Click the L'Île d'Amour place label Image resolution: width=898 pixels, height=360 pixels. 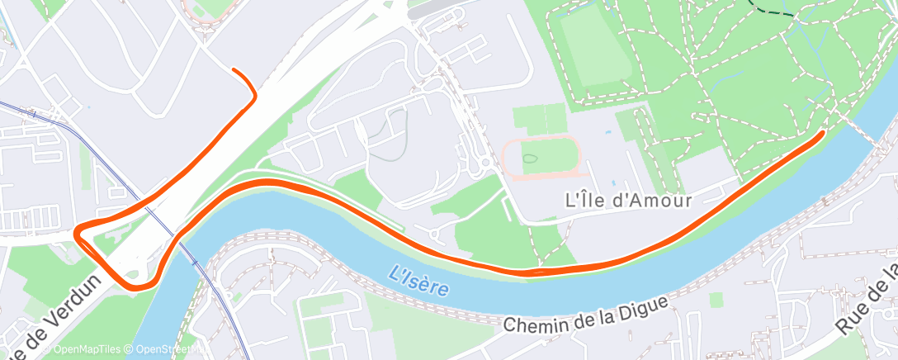pyautogui.click(x=626, y=200)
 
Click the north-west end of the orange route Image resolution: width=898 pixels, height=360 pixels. pyautogui.click(x=234, y=70)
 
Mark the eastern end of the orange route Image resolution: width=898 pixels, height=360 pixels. pyautogui.click(x=821, y=133)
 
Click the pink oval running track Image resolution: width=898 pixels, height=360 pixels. pyautogui.click(x=541, y=156)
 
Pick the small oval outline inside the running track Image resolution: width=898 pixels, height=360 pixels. pyautogui.click(x=529, y=155)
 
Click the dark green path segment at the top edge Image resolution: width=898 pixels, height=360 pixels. pyautogui.click(x=777, y=9)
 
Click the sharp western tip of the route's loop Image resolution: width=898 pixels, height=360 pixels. pyautogui.click(x=78, y=232)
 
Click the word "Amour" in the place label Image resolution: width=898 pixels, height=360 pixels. pyautogui.click(x=659, y=200)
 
